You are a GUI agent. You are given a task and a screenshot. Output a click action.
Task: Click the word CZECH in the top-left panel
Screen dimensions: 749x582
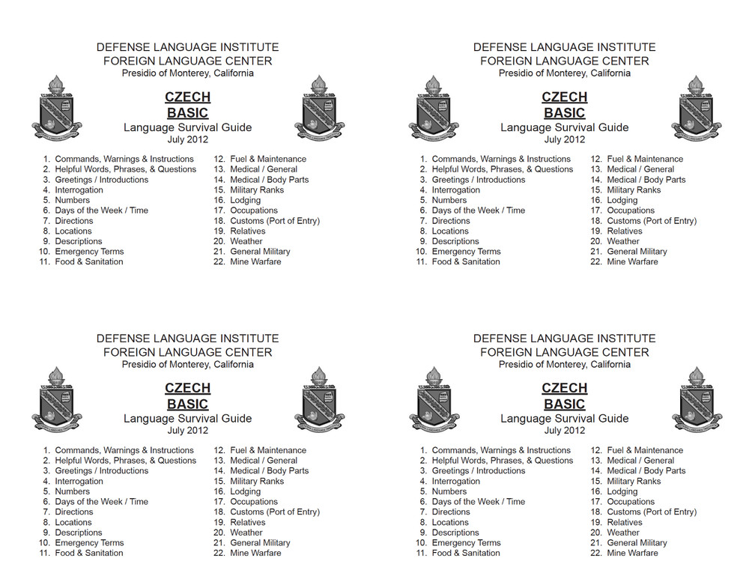coord(187,97)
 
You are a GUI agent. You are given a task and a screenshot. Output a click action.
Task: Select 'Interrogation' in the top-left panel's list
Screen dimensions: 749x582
coord(79,190)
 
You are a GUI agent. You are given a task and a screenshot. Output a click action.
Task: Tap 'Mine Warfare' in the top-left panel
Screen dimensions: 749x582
coord(255,262)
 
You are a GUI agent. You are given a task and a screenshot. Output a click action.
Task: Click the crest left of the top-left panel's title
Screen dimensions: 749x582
coord(57,109)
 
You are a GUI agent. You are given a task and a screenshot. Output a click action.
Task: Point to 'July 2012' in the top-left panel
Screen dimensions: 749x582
coord(187,139)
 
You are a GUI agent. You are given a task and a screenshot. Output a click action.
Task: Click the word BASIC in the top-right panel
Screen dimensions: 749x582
coord(564,113)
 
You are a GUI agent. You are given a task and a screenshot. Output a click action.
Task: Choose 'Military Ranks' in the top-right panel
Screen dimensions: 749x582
coord(634,190)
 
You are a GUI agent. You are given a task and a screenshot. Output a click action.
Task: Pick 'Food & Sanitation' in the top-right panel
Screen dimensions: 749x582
coord(466,262)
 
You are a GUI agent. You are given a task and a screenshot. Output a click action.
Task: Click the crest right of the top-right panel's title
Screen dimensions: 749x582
coord(697,109)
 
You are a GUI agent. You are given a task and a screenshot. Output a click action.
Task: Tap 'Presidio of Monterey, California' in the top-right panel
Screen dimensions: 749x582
coord(564,73)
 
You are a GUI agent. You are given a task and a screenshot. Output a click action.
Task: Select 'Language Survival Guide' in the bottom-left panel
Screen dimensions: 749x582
coord(187,419)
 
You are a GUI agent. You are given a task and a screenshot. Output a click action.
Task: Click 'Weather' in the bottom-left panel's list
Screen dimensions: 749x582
coord(246,533)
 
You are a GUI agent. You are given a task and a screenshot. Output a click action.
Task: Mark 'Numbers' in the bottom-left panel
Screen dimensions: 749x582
coord(72,492)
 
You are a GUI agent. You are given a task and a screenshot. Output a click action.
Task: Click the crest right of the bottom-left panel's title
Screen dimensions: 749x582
coord(320,400)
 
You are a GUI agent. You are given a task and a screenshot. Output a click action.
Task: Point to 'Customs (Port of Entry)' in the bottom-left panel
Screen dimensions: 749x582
coord(275,512)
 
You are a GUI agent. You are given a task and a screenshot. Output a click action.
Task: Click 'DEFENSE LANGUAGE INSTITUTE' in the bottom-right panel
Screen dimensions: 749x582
coord(564,339)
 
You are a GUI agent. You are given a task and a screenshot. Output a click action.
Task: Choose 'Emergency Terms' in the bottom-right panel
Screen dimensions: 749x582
coord(466,543)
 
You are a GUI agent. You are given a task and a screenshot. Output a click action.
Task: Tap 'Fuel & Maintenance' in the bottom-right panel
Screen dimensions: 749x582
coord(645,451)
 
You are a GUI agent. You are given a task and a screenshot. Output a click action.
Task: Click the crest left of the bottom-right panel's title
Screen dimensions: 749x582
coord(434,400)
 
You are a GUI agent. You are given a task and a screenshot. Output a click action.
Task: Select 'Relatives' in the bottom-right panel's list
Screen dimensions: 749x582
coord(625,523)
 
